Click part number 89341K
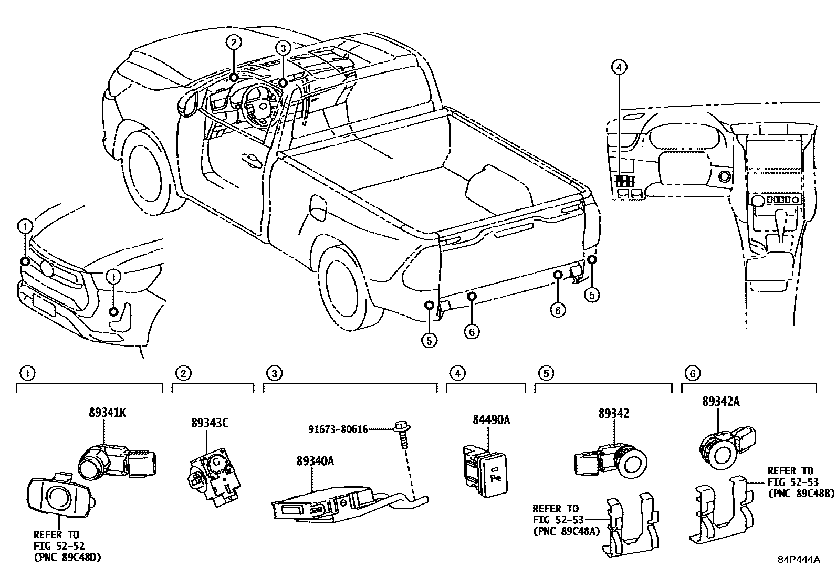point(107,413)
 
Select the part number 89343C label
point(209,423)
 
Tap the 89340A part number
point(315,461)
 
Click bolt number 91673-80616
point(338,429)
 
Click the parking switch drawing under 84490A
point(486,470)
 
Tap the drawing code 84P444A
point(799,559)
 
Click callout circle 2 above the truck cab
point(234,42)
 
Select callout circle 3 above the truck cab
point(283,48)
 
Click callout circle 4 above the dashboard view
point(619,67)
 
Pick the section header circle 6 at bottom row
point(693,373)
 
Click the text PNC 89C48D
point(68,557)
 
